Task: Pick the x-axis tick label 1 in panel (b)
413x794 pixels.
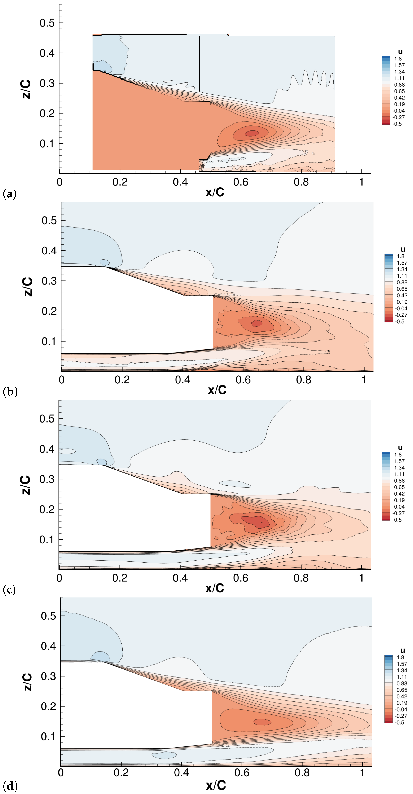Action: [364, 380]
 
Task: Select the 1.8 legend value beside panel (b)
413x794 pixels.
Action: [400, 256]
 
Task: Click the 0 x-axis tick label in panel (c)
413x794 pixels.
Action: [59, 578]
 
